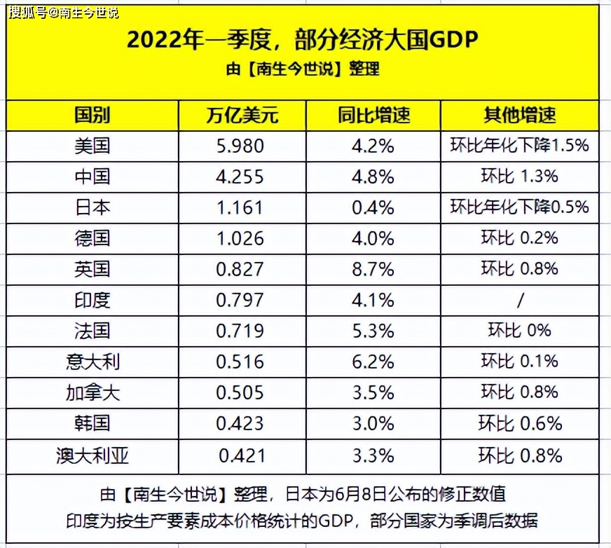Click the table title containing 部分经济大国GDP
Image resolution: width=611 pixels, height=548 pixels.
(x=302, y=40)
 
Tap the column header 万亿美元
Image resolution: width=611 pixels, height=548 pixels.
(x=242, y=115)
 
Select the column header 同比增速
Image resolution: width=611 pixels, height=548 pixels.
(x=373, y=115)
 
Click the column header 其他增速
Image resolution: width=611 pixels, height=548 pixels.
(x=519, y=115)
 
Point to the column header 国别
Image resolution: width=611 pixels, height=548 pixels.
(x=92, y=115)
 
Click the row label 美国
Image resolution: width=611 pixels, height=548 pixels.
(x=92, y=146)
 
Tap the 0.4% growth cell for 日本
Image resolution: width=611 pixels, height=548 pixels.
(x=373, y=207)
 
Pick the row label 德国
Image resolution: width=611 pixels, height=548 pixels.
(x=92, y=238)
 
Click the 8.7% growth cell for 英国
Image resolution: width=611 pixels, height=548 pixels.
(x=373, y=269)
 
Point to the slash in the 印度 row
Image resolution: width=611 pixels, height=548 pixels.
(x=519, y=300)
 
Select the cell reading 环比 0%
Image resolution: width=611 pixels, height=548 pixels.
(x=519, y=331)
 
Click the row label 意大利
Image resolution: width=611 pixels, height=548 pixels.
(x=92, y=362)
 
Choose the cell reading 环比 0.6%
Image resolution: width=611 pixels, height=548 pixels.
(x=519, y=423)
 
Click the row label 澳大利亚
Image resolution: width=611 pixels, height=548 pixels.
(x=92, y=455)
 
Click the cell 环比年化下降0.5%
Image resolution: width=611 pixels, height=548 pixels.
(x=519, y=207)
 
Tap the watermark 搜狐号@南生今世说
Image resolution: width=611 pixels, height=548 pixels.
(x=64, y=13)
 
